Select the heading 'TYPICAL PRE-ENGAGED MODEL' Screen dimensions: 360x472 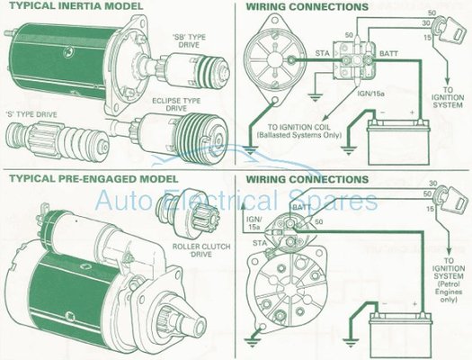pyautogui.click(x=94, y=178)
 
